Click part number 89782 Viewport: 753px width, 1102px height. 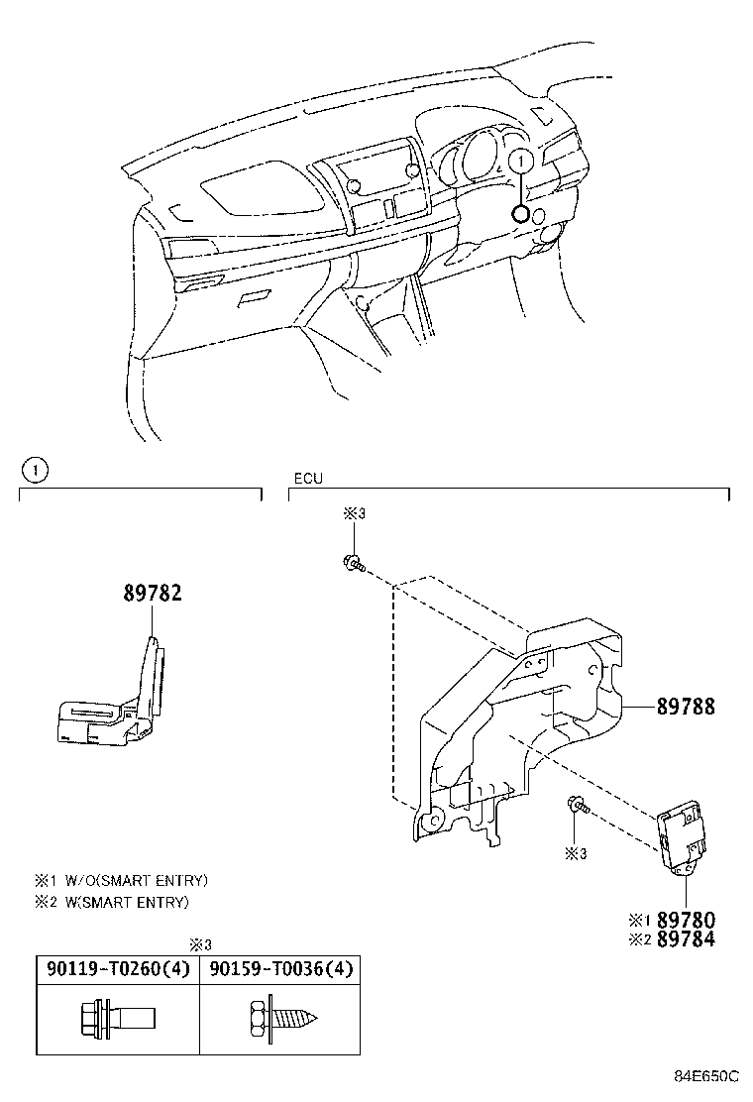152,594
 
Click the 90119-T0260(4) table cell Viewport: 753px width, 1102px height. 111,969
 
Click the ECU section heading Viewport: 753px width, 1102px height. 307,479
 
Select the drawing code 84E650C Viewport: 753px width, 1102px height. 707,1075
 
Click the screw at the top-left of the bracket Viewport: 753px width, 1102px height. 353,565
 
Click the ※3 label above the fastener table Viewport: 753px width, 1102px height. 201,944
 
